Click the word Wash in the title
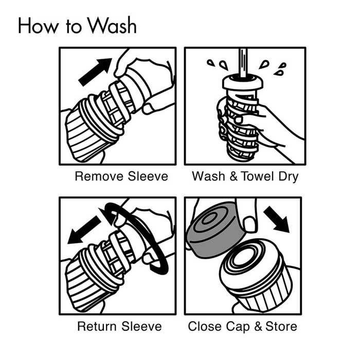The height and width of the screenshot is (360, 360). tap(113, 25)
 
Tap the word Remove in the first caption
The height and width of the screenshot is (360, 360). tap(99, 176)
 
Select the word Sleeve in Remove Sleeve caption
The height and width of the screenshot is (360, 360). tap(148, 176)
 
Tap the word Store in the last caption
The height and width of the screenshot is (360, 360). tap(281, 326)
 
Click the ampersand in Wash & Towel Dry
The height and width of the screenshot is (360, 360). tap(233, 176)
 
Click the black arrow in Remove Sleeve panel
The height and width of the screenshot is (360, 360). tap(95, 72)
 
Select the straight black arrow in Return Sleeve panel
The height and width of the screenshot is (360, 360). tap(84, 230)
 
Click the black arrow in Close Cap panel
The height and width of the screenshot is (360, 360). tap(277, 219)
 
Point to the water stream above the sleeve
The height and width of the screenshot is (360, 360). tap(243, 62)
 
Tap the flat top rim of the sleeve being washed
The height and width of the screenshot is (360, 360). tap(243, 82)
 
